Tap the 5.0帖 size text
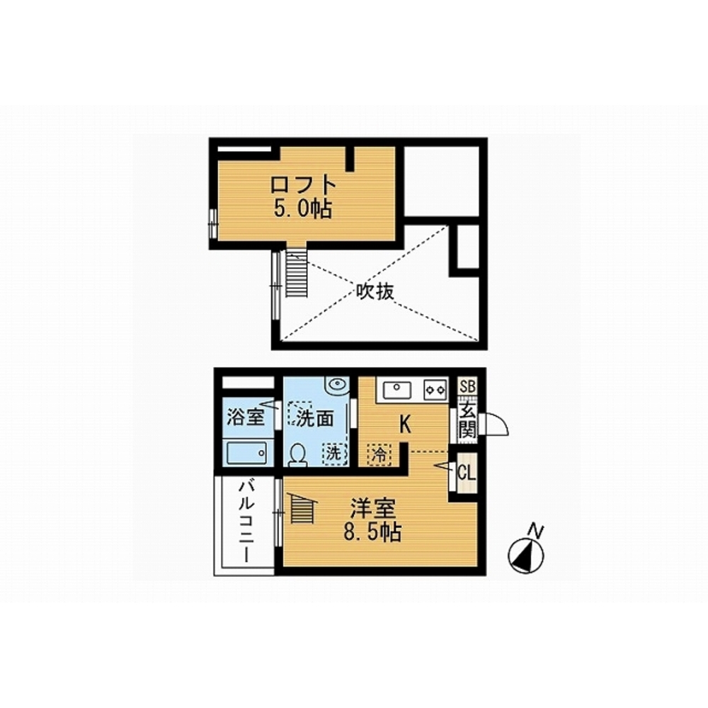point(302,209)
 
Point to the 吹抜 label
point(375,291)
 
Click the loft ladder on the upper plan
point(297,274)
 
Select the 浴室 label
point(245,417)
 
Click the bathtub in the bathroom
point(247,453)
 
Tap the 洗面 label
point(315,419)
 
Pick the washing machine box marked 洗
point(334,454)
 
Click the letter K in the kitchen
point(405,425)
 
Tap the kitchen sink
point(397,390)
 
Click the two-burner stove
point(435,390)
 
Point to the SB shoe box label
point(467,386)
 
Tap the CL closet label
point(467,473)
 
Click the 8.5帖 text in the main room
point(373,532)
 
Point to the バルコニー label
point(246,522)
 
